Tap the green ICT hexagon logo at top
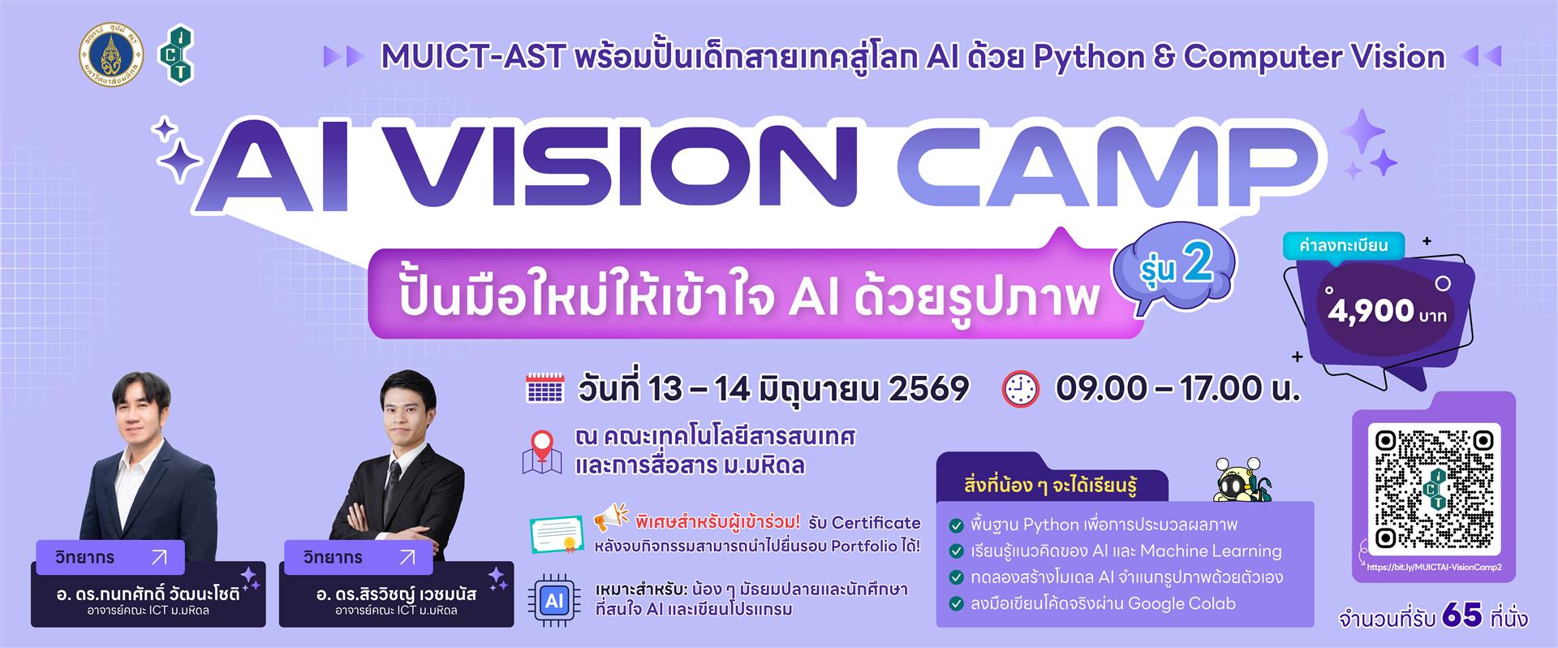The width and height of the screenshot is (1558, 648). click(x=179, y=55)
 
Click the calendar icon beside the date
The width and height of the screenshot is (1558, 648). click(x=544, y=388)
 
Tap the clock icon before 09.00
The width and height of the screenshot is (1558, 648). click(x=1020, y=389)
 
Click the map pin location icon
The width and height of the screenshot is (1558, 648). click(x=541, y=451)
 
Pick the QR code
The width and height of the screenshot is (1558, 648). click(x=1434, y=487)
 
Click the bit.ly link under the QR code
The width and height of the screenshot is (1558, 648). click(x=1434, y=568)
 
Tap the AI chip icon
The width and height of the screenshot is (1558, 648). click(x=554, y=601)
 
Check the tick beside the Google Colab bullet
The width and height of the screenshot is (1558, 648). click(x=956, y=604)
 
